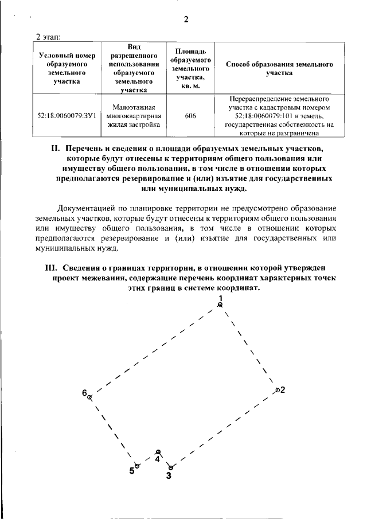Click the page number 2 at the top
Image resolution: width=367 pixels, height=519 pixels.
(186, 19)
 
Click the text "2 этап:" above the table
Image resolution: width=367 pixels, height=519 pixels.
(49, 37)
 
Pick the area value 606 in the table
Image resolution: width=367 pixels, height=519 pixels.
(191, 116)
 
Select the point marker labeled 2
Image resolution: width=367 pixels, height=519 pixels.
(277, 390)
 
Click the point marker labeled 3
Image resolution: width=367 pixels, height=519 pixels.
(169, 467)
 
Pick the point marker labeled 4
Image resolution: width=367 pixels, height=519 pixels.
(158, 452)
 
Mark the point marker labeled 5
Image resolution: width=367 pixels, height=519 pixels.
(136, 465)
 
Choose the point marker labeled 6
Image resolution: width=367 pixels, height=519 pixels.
(89, 396)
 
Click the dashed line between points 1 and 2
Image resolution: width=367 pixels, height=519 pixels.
(248, 348)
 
